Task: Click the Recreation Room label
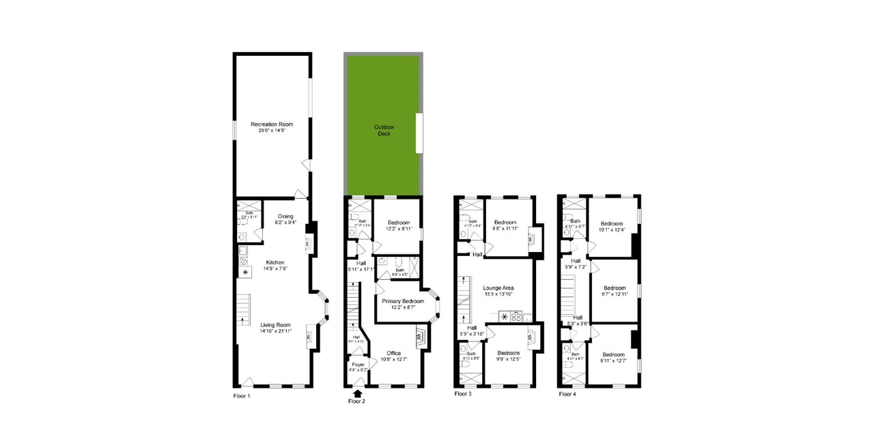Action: click(x=272, y=124)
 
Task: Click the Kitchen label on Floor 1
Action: click(x=275, y=262)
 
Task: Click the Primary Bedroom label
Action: click(x=403, y=301)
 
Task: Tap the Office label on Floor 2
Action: click(x=394, y=353)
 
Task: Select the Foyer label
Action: click(x=358, y=365)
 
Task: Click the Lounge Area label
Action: click(x=498, y=287)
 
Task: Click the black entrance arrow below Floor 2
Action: click(x=357, y=393)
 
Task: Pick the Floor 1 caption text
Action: click(x=242, y=396)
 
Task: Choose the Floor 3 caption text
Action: click(x=463, y=394)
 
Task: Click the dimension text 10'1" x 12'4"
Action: click(x=612, y=230)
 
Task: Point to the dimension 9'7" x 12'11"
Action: click(x=613, y=294)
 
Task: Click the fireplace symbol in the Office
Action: click(x=419, y=335)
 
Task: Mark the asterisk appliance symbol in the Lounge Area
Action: click(x=505, y=316)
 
